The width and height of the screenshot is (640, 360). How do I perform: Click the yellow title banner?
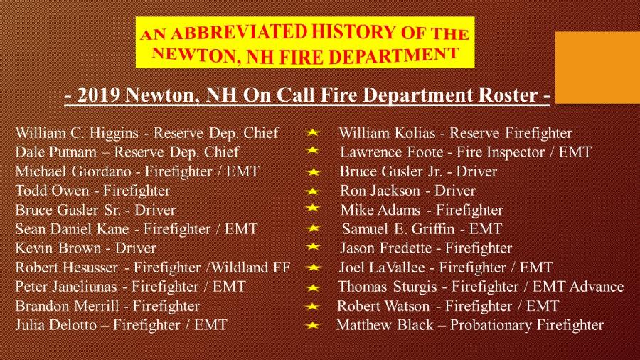pyautogui.click(x=305, y=43)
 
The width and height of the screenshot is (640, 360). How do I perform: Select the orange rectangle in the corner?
pyautogui.click(x=597, y=68)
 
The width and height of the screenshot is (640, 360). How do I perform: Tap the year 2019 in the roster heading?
pyautogui.click(x=98, y=95)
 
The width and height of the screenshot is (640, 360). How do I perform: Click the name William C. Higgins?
pyautogui.click(x=77, y=133)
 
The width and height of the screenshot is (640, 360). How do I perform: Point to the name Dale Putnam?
pyautogui.click(x=56, y=152)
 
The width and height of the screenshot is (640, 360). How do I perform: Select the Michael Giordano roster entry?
pyautogui.click(x=137, y=171)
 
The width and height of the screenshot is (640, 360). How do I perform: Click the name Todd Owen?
pyautogui.click(x=52, y=191)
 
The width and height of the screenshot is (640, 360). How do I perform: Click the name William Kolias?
pyautogui.click(x=387, y=133)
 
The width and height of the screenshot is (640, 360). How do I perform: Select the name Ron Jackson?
pyautogui.click(x=380, y=191)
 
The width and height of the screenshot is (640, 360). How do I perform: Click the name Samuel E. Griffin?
pyautogui.click(x=398, y=229)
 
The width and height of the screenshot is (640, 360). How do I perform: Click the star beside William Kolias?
pyautogui.click(x=312, y=132)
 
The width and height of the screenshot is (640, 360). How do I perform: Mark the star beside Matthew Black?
pyautogui.click(x=312, y=325)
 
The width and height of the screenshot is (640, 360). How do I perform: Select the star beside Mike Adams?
pyautogui.click(x=312, y=208)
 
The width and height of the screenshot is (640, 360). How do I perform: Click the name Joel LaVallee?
pyautogui.click(x=382, y=268)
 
